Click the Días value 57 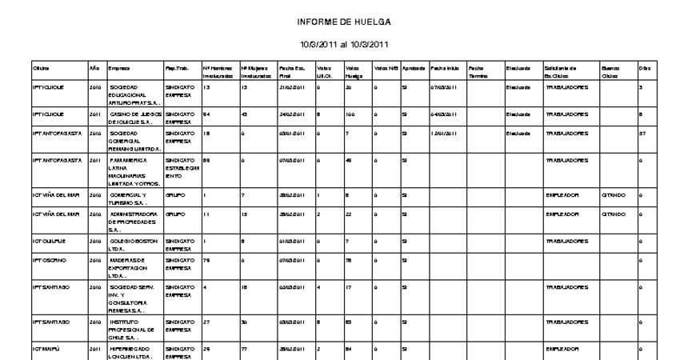point(642,134)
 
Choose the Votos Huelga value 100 point(351,114)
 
